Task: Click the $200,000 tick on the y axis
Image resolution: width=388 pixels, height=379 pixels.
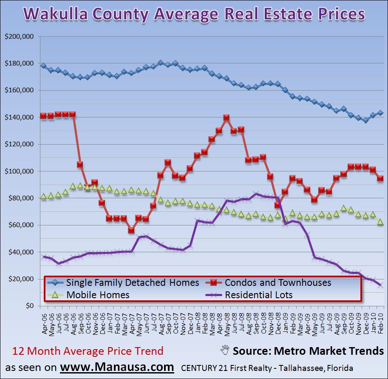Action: pyautogui.click(x=20, y=37)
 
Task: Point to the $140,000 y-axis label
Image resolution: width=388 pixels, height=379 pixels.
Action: pyautogui.click(x=20, y=117)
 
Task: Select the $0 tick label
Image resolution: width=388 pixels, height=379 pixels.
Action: pyautogui.click(x=28, y=306)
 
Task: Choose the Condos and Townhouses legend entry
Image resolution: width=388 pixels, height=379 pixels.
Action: pyautogui.click(x=278, y=282)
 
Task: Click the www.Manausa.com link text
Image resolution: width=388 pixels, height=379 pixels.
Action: pyautogui.click(x=116, y=367)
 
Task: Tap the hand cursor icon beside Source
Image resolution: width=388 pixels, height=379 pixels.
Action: pyautogui.click(x=225, y=351)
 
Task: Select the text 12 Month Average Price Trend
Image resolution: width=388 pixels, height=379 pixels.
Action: pyautogui.click(x=87, y=351)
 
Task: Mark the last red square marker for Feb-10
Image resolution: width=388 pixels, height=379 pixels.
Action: pyautogui.click(x=380, y=179)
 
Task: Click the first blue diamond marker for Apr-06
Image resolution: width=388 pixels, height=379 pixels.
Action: pyautogui.click(x=43, y=66)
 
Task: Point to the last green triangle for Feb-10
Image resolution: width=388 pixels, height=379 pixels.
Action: pyautogui.click(x=380, y=222)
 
